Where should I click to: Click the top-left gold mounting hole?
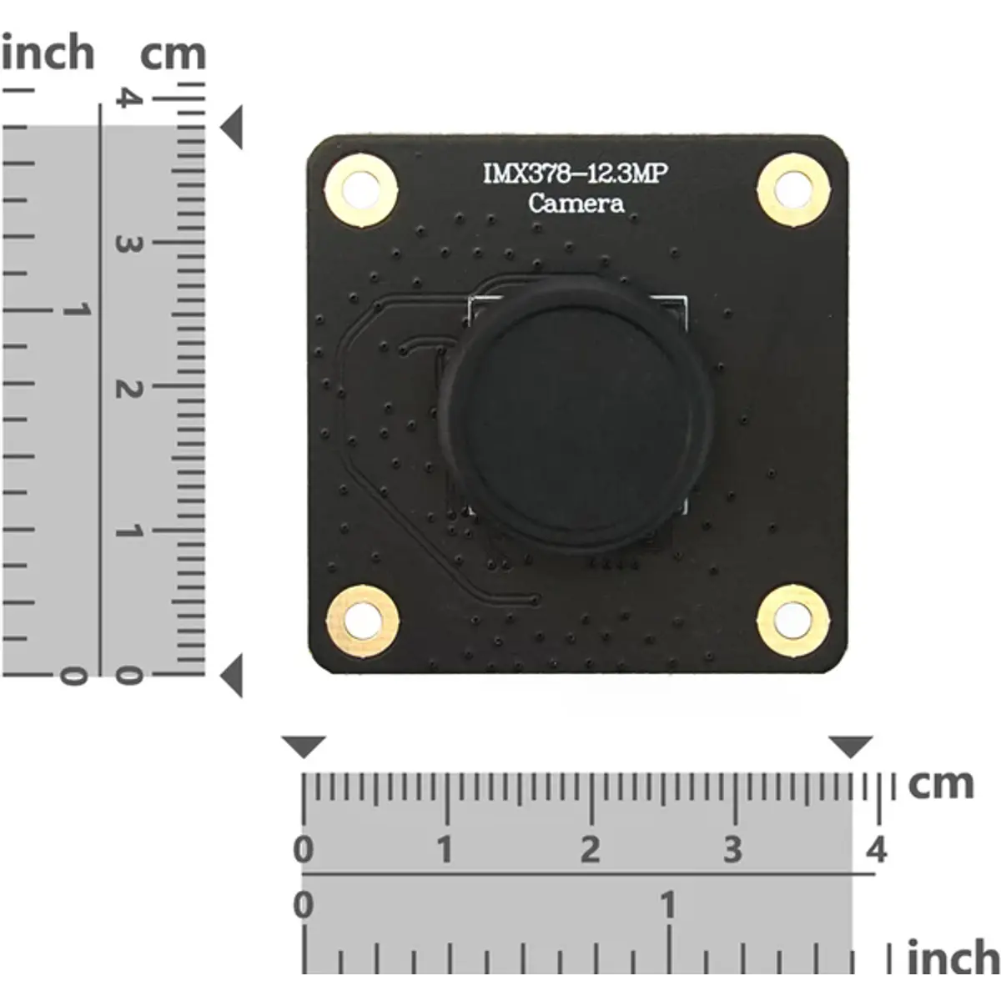point(361,189)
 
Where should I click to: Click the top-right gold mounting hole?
point(792,189)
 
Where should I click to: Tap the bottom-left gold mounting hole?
point(363,621)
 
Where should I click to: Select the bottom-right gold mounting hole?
point(792,621)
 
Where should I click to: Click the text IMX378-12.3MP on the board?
point(575,174)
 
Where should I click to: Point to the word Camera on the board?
point(576,203)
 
